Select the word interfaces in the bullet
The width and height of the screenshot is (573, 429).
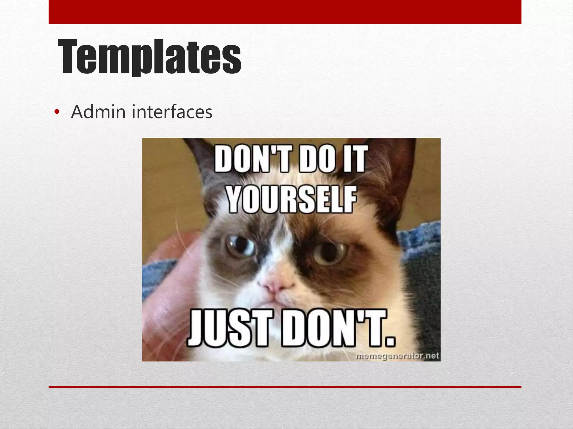click(x=172, y=112)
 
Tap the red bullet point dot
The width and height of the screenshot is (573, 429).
click(x=57, y=112)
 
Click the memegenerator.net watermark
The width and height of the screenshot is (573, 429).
click(x=397, y=356)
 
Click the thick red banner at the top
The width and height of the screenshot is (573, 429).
click(x=285, y=12)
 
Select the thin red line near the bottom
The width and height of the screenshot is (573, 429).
click(x=285, y=387)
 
